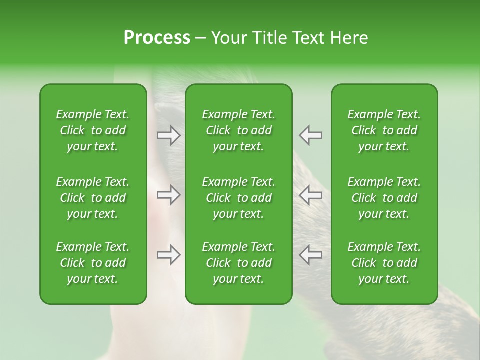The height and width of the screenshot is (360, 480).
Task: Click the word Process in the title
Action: [157, 38]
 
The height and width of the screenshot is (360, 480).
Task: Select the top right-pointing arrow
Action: [168, 135]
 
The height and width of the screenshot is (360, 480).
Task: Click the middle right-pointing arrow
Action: [168, 195]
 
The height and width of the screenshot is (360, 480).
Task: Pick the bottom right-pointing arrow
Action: [168, 255]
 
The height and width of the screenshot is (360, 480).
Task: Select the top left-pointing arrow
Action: [311, 135]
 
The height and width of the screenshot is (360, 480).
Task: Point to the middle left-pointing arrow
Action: [311, 195]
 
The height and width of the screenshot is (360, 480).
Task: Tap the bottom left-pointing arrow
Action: [311, 255]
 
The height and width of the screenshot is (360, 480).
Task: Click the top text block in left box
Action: [93, 130]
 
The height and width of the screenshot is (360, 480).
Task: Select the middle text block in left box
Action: [93, 198]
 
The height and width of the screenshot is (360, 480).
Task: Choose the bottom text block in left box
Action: [93, 263]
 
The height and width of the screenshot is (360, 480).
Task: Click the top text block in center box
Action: [238, 130]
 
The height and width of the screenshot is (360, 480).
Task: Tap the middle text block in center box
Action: [238, 198]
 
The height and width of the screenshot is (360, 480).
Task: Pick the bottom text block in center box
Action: [238, 263]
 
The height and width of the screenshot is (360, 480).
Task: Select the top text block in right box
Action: [384, 130]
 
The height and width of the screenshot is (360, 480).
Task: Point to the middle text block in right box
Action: [384, 198]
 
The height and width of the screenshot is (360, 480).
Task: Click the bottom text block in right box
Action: [384, 263]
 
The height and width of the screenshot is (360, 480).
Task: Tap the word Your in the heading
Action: [227, 38]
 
